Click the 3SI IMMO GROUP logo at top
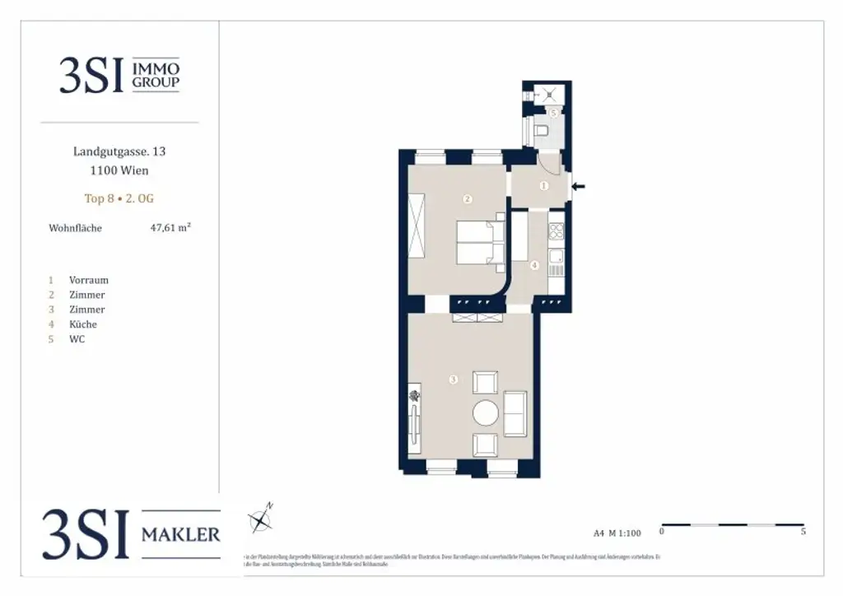(119, 74)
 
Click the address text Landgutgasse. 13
(119, 152)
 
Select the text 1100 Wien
(119, 171)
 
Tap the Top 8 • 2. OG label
(119, 198)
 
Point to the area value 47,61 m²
(170, 228)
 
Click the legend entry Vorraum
(88, 280)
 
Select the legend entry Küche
(83, 324)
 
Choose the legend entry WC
(77, 339)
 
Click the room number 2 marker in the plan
(467, 198)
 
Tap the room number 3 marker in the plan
(453, 379)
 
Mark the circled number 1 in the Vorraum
(543, 186)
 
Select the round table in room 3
(486, 412)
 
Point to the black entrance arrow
(580, 187)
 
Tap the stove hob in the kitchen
(557, 230)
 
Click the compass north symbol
(262, 518)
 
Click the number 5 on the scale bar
(803, 533)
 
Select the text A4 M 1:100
(617, 533)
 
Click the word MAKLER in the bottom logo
(181, 534)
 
